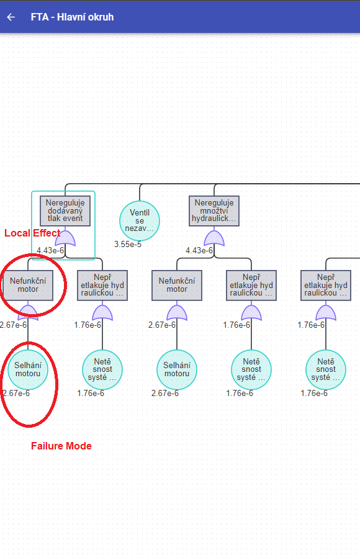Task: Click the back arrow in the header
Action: tap(11, 17)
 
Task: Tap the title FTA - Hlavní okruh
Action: tap(72, 17)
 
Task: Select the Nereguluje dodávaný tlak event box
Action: tap(65, 211)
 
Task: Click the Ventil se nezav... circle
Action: tap(140, 220)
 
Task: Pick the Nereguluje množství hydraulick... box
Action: tap(214, 211)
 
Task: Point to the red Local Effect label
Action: tap(32, 233)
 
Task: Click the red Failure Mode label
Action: tap(61, 446)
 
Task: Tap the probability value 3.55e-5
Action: tap(128, 244)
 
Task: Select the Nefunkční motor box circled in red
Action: tap(28, 285)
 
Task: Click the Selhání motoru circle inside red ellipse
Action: tap(28, 369)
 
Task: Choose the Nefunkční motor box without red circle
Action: tap(177, 285)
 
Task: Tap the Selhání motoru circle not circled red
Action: tap(177, 369)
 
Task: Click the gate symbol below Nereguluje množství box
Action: tap(214, 238)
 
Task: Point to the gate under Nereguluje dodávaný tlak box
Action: tap(65, 238)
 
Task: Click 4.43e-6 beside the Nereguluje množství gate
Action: tap(199, 250)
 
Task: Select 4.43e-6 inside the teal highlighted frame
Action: tap(50, 250)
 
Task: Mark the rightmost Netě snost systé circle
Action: tap(326, 369)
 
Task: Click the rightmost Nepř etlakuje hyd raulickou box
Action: tap(326, 285)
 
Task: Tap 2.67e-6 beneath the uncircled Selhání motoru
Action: tap(165, 393)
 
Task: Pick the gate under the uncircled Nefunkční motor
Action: tap(177, 312)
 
